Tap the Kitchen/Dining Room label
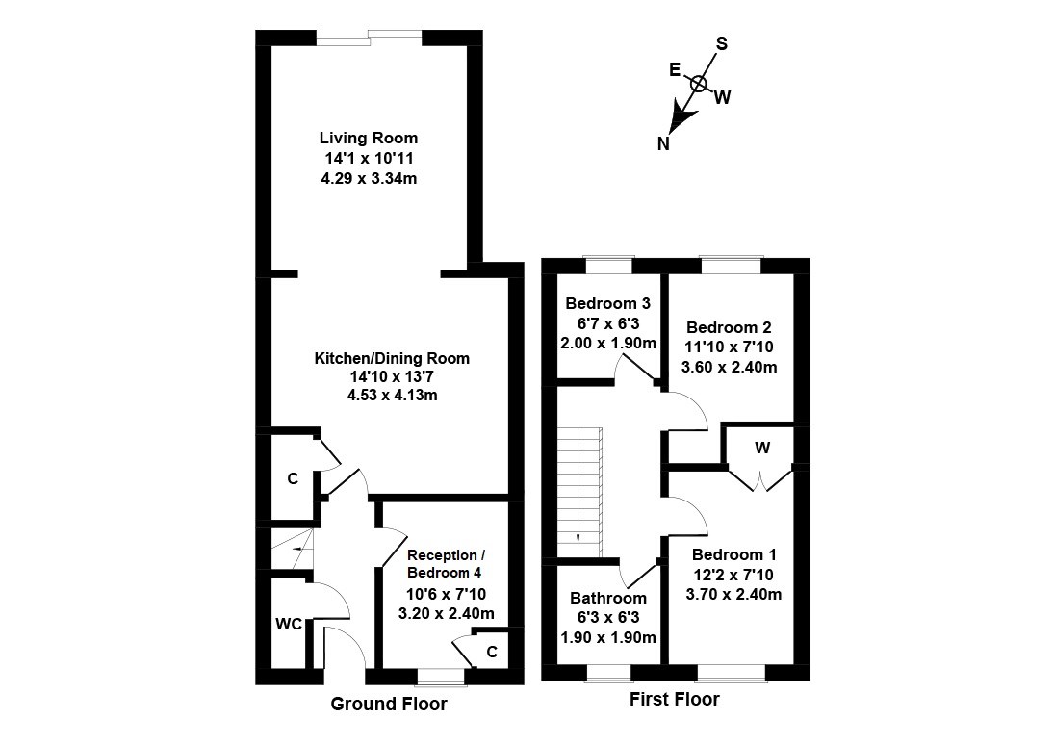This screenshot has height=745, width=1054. pyautogui.click(x=392, y=358)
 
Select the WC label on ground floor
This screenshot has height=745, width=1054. pyautogui.click(x=290, y=625)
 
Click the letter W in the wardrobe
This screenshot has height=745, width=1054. pyautogui.click(x=761, y=448)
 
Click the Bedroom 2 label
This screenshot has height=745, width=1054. pyautogui.click(x=729, y=327)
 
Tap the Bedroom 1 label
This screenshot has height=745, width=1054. pyautogui.click(x=733, y=555)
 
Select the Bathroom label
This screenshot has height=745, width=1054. pyautogui.click(x=607, y=598)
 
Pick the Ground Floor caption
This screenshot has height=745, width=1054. pyautogui.click(x=389, y=705)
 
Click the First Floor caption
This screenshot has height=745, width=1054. pyautogui.click(x=674, y=700)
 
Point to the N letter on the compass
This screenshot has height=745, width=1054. pyautogui.click(x=663, y=144)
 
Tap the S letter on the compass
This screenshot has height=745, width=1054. pyautogui.click(x=722, y=43)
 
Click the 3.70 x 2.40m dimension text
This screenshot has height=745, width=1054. pyautogui.click(x=733, y=594)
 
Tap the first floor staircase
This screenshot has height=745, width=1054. pyautogui.click(x=581, y=491)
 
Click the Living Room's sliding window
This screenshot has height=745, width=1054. pyautogui.click(x=369, y=38)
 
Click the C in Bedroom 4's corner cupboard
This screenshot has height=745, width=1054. pyautogui.click(x=492, y=652)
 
